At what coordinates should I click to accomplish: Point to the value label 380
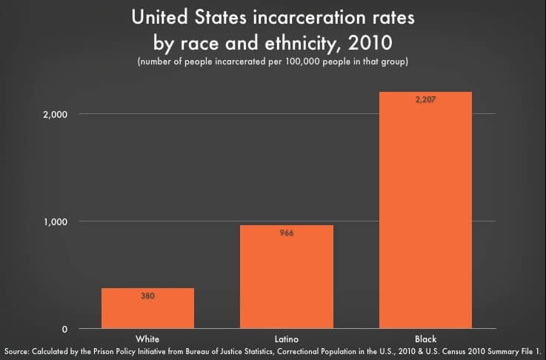tap(147, 296)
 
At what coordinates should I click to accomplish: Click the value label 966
tap(287, 233)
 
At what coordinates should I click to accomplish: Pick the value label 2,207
tap(425, 99)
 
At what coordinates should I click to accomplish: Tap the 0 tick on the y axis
tap(65, 329)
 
